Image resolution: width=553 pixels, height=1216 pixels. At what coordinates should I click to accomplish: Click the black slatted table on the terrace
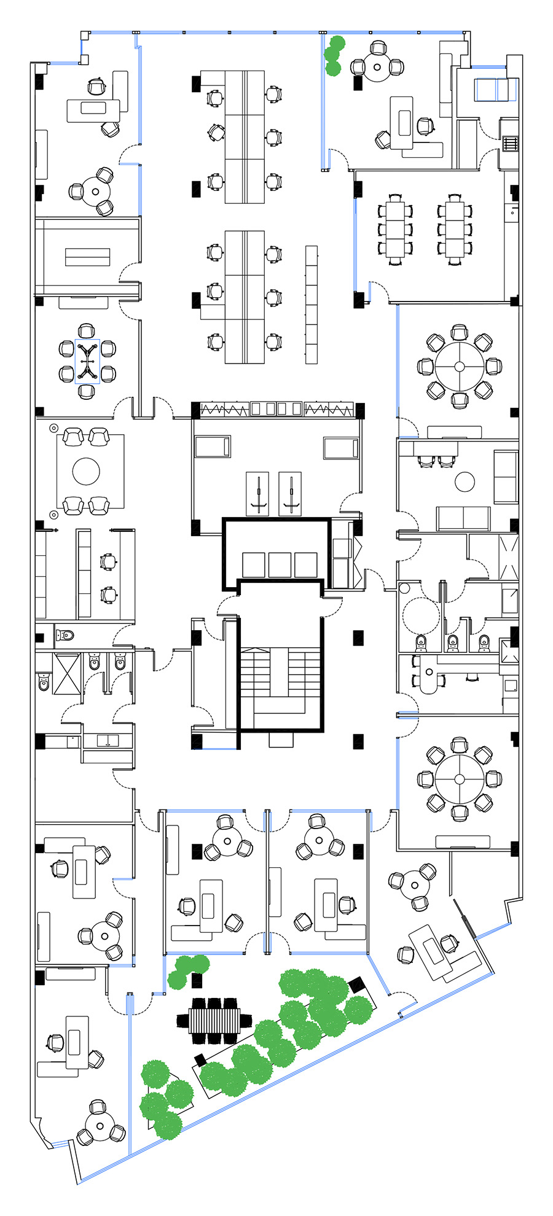tap(214, 1020)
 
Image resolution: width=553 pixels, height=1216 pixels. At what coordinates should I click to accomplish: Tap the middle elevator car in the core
tap(280, 565)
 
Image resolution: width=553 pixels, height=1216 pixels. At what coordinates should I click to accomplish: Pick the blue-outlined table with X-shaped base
tap(87, 361)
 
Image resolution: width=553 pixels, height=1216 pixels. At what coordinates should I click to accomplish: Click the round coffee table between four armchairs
tap(86, 472)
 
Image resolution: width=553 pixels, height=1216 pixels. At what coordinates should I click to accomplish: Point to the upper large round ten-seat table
tap(460, 366)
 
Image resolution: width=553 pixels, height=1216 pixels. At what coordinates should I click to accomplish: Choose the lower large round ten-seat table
tap(460, 779)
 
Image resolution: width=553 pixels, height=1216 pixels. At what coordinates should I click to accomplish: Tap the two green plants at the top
tap(334, 55)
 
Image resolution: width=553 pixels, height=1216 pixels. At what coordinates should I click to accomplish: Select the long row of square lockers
tap(311, 304)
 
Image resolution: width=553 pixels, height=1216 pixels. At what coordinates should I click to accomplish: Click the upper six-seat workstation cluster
tap(245, 136)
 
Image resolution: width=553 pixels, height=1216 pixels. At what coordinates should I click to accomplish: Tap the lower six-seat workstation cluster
tap(245, 297)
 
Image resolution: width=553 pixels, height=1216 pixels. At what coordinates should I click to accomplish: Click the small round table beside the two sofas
tap(465, 481)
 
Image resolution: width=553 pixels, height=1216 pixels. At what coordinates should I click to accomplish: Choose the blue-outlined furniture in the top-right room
tap(495, 90)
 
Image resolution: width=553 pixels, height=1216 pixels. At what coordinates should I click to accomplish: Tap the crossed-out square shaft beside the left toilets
tap(66, 674)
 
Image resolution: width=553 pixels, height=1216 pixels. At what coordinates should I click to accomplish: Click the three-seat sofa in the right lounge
tap(463, 518)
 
